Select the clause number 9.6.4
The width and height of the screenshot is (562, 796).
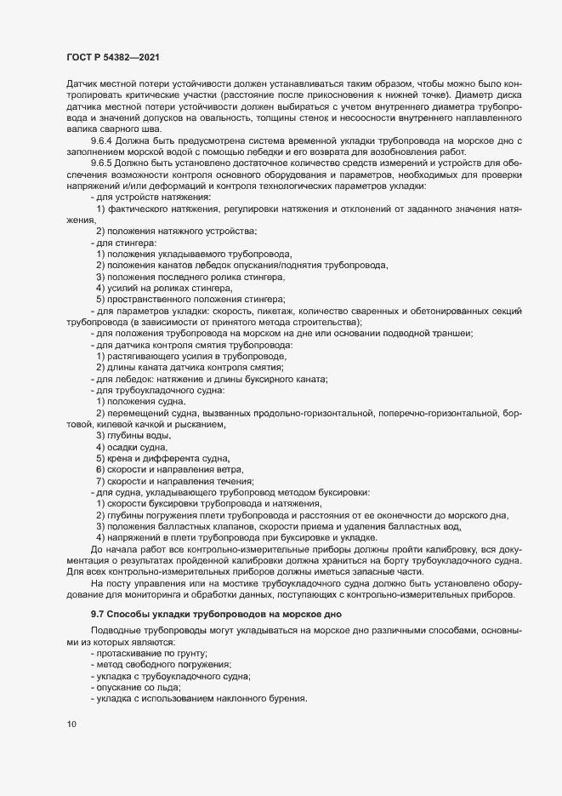[104, 139]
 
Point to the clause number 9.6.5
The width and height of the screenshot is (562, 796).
[104, 162]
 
